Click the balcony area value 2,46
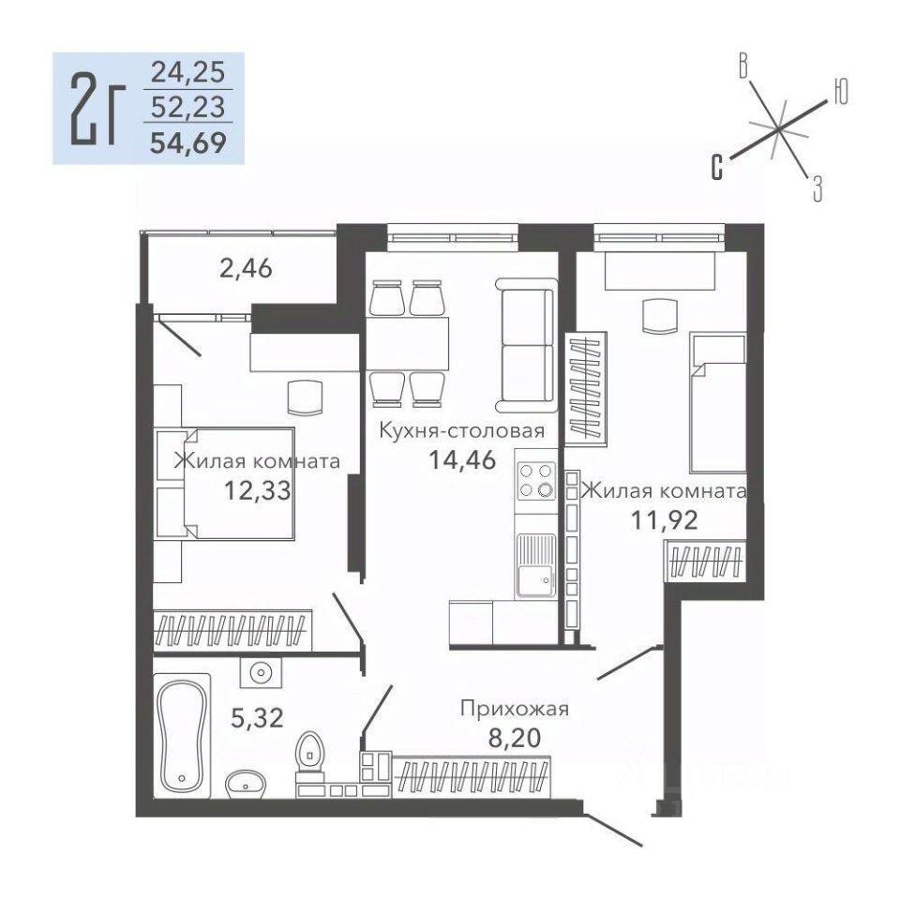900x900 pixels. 246,268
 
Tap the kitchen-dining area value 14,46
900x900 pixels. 462,459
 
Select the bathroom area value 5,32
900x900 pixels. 257,717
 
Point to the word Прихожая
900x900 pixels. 515,710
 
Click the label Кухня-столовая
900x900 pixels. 462,430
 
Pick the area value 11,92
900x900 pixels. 665,520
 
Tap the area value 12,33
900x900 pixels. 258,490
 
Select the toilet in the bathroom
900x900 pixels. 310,757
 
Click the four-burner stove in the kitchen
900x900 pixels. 535,480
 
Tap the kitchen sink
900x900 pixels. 535,565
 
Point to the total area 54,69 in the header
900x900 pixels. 187,142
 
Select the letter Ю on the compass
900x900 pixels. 840,91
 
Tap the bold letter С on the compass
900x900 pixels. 717,167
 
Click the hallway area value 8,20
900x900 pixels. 515,738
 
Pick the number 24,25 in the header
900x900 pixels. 187,73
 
